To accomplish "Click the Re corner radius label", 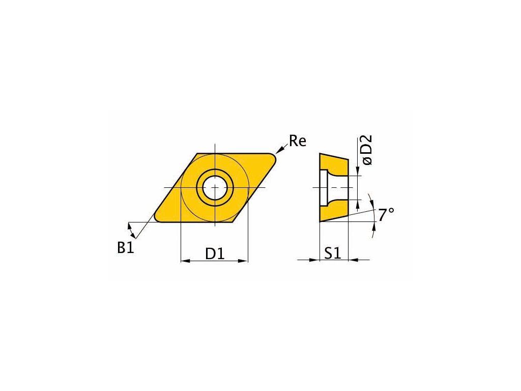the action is [297, 141].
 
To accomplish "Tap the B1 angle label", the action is [126, 248].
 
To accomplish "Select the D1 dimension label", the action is [215, 254].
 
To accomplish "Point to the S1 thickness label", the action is [333, 254].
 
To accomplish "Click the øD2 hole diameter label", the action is [367, 150].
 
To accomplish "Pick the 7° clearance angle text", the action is [386, 215].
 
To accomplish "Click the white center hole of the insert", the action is [215, 188].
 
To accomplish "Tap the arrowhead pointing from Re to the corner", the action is [279, 151].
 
